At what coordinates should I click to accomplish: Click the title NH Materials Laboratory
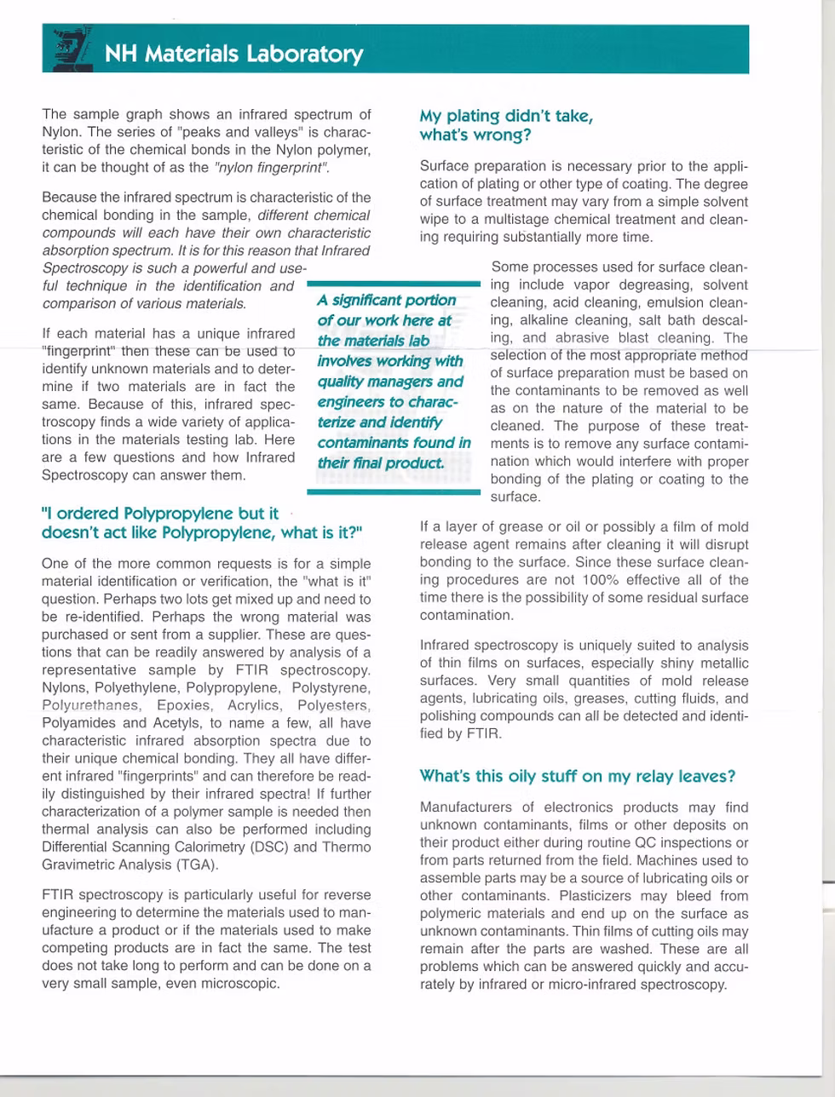tap(233, 54)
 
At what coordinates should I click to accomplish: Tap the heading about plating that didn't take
tap(506, 125)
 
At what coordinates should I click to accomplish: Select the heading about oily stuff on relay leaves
tap(577, 776)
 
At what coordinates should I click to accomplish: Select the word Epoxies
tap(185, 705)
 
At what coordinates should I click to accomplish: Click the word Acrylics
tap(254, 705)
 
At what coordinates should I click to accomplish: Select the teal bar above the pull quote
tap(394, 284)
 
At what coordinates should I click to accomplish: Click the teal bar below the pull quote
tap(394, 491)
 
